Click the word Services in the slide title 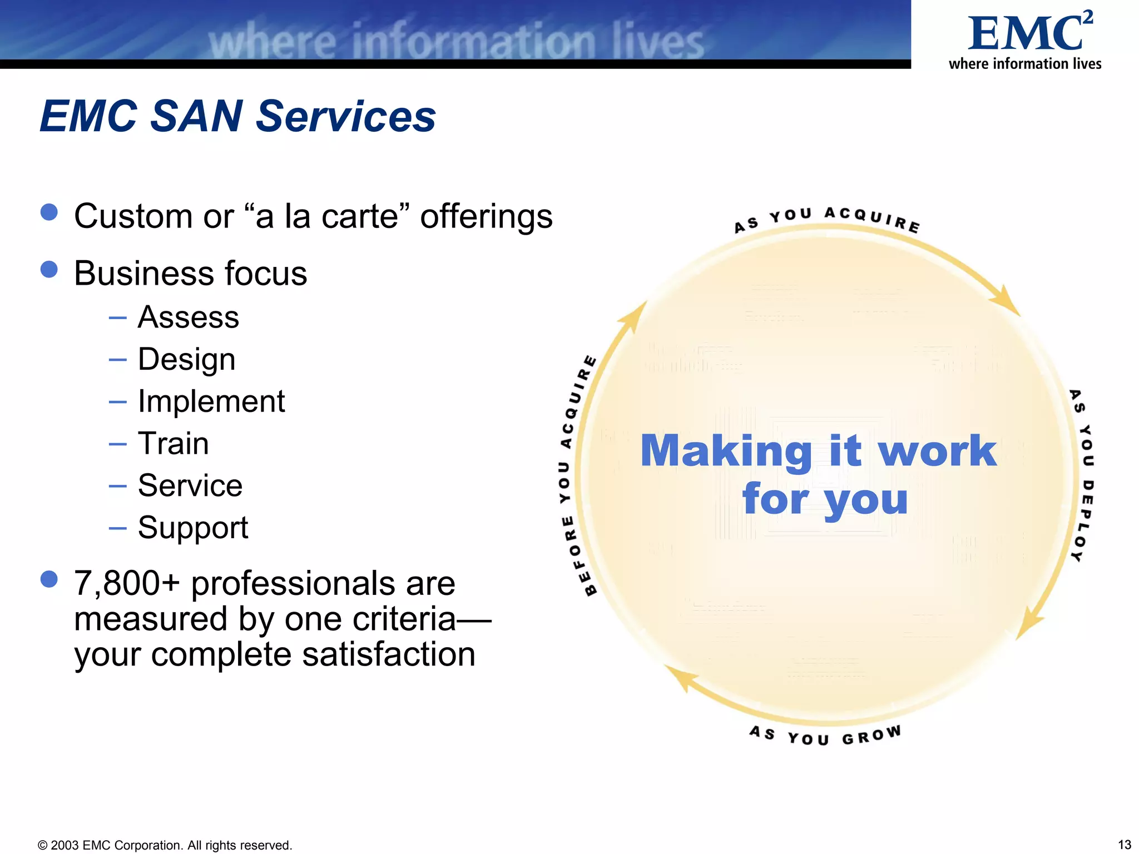click(x=345, y=117)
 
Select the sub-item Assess click(x=188, y=317)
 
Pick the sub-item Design click(x=186, y=360)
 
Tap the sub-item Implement click(x=211, y=401)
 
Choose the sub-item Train click(x=173, y=444)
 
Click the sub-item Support click(x=192, y=528)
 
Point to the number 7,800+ click(x=127, y=584)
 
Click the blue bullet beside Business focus click(x=49, y=270)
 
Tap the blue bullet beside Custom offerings click(x=49, y=212)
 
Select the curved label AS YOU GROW click(x=825, y=736)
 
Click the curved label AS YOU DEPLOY click(x=1083, y=476)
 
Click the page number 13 click(x=1124, y=845)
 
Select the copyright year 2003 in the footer click(x=65, y=846)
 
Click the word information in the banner click(x=473, y=42)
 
